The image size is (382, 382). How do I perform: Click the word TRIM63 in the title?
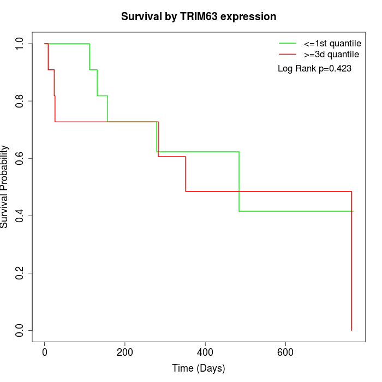click(x=199, y=16)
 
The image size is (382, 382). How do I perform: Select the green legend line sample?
click(x=288, y=43)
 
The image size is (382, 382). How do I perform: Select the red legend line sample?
click(x=288, y=54)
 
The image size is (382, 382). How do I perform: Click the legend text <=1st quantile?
click(x=332, y=44)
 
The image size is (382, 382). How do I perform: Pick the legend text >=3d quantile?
click(x=331, y=55)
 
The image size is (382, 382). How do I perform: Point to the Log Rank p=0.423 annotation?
click(x=314, y=68)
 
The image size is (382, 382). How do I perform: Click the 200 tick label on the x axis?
click(x=125, y=353)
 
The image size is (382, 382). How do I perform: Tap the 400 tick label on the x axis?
click(x=205, y=353)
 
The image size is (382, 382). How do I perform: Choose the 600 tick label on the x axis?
click(x=285, y=353)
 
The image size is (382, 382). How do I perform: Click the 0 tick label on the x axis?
click(x=45, y=353)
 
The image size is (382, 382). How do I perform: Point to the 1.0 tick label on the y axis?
click(x=19, y=44)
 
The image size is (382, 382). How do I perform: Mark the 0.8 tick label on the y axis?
click(x=19, y=101)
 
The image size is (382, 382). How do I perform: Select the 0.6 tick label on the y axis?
click(x=19, y=158)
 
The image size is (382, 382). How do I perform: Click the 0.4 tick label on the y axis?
click(x=19, y=216)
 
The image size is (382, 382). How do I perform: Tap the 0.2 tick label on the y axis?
click(x=19, y=273)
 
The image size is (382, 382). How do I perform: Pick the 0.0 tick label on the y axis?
click(x=19, y=330)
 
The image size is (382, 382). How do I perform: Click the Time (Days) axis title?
click(x=198, y=368)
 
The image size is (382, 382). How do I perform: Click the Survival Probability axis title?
click(x=4, y=187)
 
